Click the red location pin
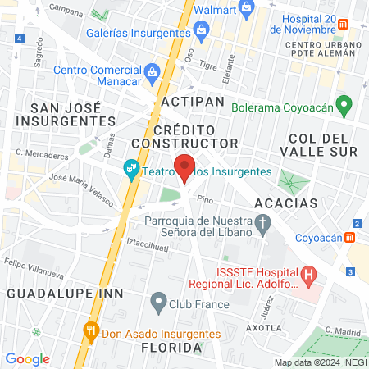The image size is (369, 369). pos(185,167)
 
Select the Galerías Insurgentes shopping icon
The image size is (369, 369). pos(201,32)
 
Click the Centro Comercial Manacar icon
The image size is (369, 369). pos(151,71)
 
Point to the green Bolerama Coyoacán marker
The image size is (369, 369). pos(345,107)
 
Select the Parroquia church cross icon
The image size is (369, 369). pos(262,222)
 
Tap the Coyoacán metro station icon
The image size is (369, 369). pos(350,237)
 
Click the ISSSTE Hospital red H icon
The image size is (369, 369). pos(308,277)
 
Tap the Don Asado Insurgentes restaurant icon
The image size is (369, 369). pos(91,333)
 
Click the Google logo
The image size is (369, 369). pos(27,358)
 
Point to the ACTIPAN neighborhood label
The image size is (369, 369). pos(193,100)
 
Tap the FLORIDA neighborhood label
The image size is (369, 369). pos(171,348)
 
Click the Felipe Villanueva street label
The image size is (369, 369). pos(35,266)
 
